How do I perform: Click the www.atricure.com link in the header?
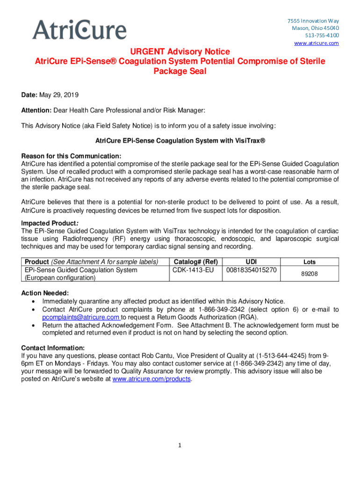[x=316, y=43]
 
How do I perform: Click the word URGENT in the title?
[x=149, y=51]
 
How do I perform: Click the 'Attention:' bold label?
[x=36, y=110]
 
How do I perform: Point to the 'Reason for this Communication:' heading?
[x=72, y=156]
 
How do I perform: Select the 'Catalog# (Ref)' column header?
[x=196, y=261]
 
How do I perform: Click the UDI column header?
[x=251, y=261]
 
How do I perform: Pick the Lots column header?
[x=310, y=262]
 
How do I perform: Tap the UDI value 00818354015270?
[x=251, y=270]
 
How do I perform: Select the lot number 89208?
[x=310, y=274]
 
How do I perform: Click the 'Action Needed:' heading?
[x=45, y=293]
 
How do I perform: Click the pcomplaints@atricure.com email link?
[x=81, y=317]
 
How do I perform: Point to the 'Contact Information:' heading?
[x=53, y=348]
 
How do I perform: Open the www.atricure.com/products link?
[x=152, y=379]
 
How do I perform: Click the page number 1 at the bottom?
[x=179, y=445]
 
